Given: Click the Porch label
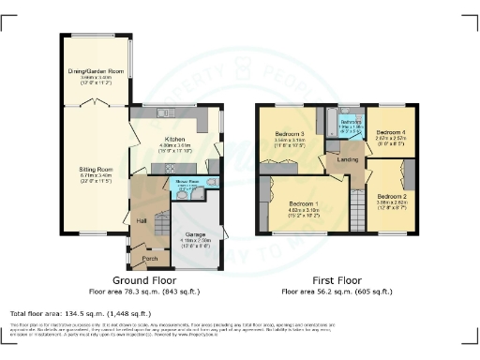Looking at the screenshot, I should pos(148,258).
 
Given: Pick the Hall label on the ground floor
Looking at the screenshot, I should pos(142,221).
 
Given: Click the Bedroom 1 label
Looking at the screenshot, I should pos(304,204).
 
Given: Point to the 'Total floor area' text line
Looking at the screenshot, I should pos(81,313).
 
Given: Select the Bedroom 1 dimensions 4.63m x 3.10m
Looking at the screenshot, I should pos(304,212).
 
